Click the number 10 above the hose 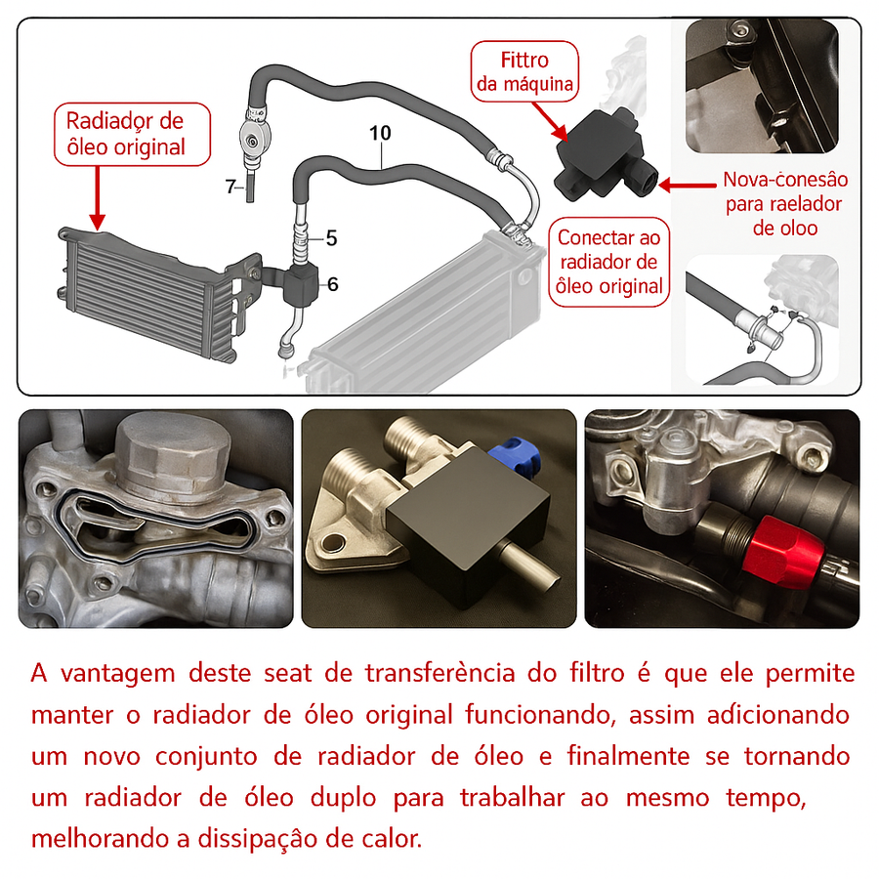[380, 131]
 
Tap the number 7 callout [230, 187]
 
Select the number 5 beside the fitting [331, 237]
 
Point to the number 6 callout [333, 284]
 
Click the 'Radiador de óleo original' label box [124, 134]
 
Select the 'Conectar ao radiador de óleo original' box [608, 262]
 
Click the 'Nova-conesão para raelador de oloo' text [784, 204]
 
